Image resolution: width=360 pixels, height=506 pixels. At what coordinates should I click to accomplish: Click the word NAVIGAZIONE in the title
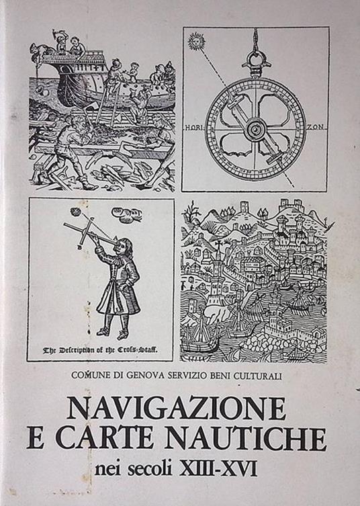pos(177,408)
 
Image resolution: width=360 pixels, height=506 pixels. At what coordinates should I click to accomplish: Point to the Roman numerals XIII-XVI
pos(218,468)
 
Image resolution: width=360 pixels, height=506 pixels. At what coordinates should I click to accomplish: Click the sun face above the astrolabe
pos(196,41)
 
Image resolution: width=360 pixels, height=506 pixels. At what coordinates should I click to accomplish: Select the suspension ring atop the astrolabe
pos(256,58)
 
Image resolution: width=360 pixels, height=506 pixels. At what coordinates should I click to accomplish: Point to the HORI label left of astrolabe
pos(195,128)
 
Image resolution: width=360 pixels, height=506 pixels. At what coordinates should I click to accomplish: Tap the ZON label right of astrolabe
pos(315,127)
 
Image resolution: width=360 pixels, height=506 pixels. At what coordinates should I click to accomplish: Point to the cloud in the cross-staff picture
pos(126,214)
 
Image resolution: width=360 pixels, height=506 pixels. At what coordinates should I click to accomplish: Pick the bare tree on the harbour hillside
pos(190,212)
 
